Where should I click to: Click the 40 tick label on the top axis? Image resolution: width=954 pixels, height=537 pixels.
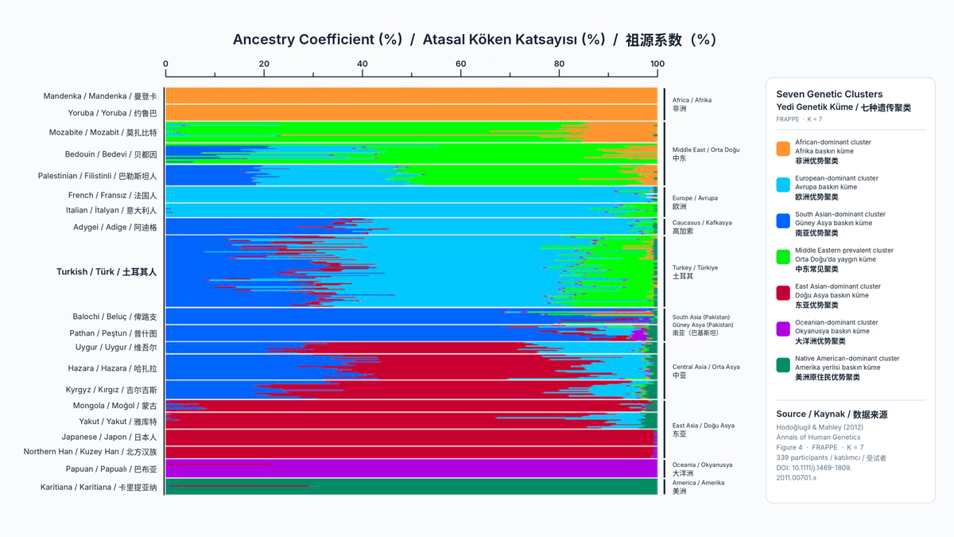(x=362, y=64)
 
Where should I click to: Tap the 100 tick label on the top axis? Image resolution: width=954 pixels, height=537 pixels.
(x=657, y=64)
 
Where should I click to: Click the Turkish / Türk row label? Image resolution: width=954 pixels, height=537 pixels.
(x=107, y=272)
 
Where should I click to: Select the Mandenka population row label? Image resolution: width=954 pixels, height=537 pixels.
(x=100, y=96)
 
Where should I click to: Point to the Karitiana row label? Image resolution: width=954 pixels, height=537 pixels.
(x=99, y=487)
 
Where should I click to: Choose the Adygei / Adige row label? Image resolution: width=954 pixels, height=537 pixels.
(x=115, y=228)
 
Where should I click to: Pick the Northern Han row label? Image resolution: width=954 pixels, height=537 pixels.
(x=91, y=452)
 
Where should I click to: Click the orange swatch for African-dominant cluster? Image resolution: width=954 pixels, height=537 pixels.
(x=783, y=149)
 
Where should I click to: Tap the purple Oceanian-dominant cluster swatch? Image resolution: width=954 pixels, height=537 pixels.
(x=783, y=329)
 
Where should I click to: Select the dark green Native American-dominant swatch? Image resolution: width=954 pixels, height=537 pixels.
(x=783, y=365)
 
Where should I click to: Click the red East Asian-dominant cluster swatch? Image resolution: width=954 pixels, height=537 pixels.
(x=783, y=294)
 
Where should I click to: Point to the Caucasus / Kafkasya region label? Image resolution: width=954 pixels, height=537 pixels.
(x=702, y=227)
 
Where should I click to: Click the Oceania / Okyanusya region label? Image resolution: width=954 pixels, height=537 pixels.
(x=702, y=469)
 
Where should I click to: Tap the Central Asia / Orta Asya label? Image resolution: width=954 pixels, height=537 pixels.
(x=706, y=371)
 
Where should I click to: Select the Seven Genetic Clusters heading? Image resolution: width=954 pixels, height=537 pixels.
(x=829, y=94)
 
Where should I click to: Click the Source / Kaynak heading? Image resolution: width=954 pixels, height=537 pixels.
(x=832, y=414)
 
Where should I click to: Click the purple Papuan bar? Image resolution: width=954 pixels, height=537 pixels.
(x=412, y=469)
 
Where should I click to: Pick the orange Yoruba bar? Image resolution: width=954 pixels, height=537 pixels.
(x=412, y=112)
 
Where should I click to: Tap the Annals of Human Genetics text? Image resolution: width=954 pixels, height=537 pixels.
(x=818, y=438)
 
